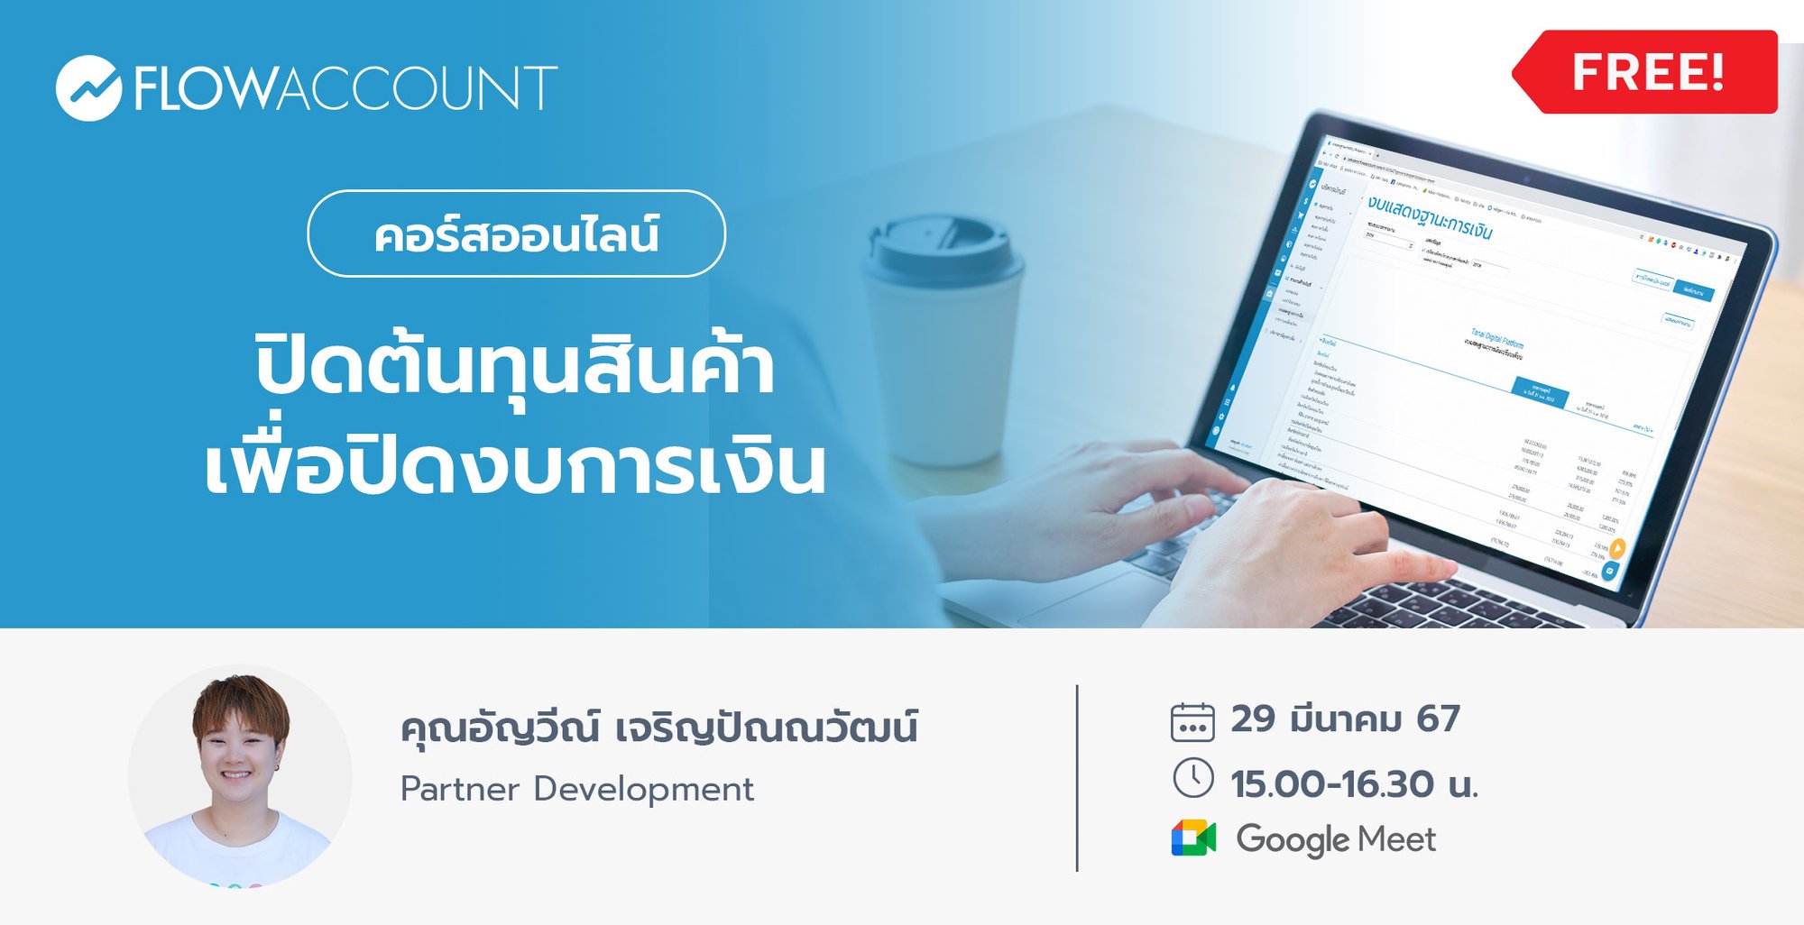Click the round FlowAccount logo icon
click(x=88, y=88)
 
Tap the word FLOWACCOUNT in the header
click(x=346, y=88)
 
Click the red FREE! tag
click(x=1647, y=72)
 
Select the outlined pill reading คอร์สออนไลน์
click(x=516, y=234)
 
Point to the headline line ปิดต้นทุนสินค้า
click(x=515, y=367)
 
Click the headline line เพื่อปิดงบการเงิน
click(x=515, y=466)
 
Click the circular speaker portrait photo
click(x=240, y=776)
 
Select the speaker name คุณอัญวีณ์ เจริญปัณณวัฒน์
click(x=658, y=727)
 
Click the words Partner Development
click(x=577, y=789)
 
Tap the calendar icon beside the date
click(x=1192, y=722)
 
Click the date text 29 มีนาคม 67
click(x=1345, y=719)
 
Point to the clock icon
click(x=1192, y=778)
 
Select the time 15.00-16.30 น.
click(x=1354, y=783)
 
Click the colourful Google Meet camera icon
click(x=1193, y=838)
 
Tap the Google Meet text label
click(x=1336, y=839)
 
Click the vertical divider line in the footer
click(x=1077, y=778)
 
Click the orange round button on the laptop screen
click(x=1617, y=548)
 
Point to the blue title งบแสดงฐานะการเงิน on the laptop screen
click(x=1429, y=216)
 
